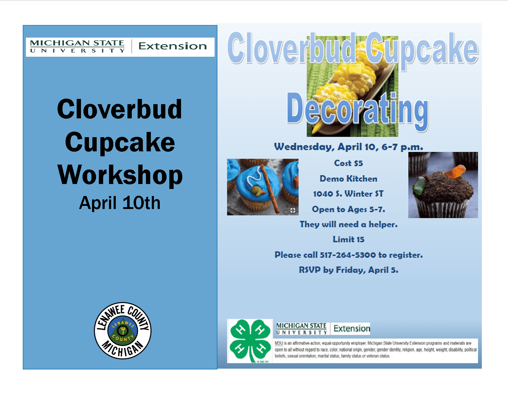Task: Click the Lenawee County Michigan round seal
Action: pos(123,330)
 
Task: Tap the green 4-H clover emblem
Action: pos(250,341)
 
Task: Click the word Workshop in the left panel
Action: pos(120,175)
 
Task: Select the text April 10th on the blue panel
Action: pos(120,203)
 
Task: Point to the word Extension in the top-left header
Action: pos(172,46)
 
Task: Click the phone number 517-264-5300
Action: pos(348,255)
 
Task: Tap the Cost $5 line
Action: pos(349,163)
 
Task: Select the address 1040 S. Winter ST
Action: pos(348,194)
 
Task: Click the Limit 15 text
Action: pos(349,239)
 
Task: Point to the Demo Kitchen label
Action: pos(348,178)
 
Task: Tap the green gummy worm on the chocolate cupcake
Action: pos(419,186)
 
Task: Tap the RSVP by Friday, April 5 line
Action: pos(349,270)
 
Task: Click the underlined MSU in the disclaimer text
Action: pos(279,343)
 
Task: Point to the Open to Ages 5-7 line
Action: pos(349,209)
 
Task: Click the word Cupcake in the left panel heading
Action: pos(120,142)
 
